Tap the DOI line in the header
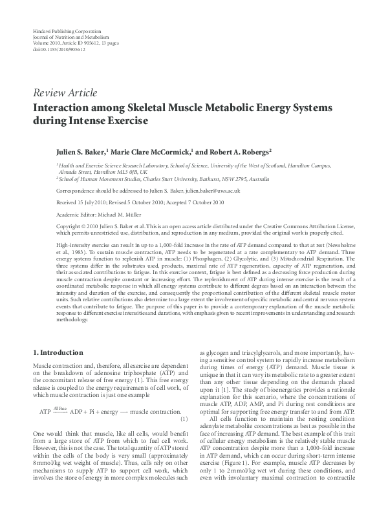(58, 48)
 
